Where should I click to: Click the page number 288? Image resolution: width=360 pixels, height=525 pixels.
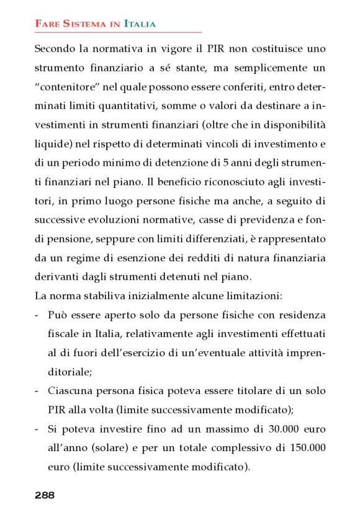pyautogui.click(x=45, y=495)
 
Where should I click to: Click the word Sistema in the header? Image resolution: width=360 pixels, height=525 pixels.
pyautogui.click(x=79, y=24)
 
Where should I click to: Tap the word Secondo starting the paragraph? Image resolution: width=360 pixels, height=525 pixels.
pyautogui.click(x=54, y=48)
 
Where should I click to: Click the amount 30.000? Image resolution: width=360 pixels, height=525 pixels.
pyautogui.click(x=282, y=429)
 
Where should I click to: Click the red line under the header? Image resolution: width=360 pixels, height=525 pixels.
pyautogui.click(x=118, y=32)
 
